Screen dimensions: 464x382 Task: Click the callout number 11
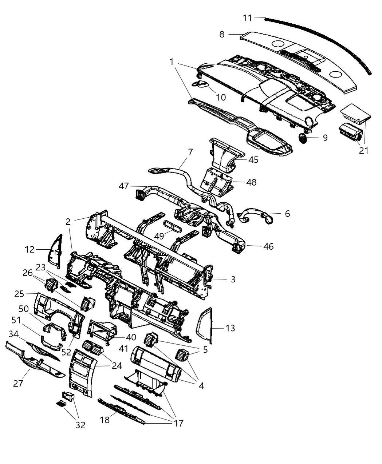pos(247,18)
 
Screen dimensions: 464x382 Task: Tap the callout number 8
pos(222,35)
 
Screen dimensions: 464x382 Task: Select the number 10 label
pos(221,98)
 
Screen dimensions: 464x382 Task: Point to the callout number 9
pos(325,138)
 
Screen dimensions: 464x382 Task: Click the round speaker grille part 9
pos(303,138)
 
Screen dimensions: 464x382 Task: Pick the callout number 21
pos(364,150)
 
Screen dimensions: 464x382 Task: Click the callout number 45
pos(253,160)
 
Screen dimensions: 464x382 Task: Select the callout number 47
pos(124,186)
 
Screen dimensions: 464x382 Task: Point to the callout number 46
pos(268,246)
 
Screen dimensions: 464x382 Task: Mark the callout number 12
pos(29,250)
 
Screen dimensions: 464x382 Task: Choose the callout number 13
pos(230,328)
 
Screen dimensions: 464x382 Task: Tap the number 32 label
pos(80,425)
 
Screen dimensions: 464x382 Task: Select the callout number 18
pos(105,420)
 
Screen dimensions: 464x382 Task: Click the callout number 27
pos(18,383)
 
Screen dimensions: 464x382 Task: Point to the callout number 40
pos(131,337)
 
